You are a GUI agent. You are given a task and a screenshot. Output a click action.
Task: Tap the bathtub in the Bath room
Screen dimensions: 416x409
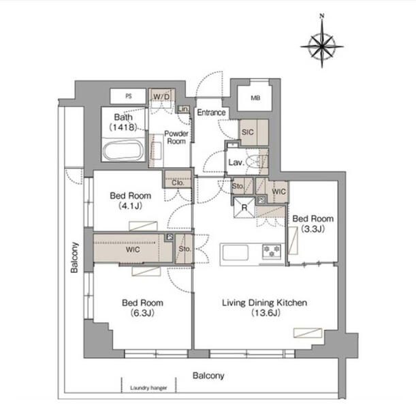click(x=123, y=151)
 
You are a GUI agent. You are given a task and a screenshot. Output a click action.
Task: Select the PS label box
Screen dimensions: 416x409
click(x=129, y=96)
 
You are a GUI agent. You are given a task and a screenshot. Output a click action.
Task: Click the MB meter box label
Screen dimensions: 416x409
click(x=255, y=98)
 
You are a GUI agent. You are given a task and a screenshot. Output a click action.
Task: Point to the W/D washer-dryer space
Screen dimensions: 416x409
click(x=161, y=97)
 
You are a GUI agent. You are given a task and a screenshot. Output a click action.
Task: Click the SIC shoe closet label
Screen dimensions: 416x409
click(x=247, y=132)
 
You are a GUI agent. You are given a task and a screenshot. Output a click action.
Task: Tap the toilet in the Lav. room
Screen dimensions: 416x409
click(x=256, y=162)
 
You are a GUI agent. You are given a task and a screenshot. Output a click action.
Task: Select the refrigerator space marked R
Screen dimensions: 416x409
click(x=244, y=207)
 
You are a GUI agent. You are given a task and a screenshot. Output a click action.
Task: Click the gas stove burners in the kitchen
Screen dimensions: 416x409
click(x=272, y=251)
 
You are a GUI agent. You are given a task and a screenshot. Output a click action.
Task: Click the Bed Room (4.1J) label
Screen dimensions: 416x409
click(x=131, y=200)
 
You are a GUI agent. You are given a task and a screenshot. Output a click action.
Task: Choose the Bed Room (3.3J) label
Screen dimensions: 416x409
click(x=313, y=224)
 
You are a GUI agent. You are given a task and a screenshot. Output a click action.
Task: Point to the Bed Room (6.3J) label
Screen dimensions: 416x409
click(x=142, y=307)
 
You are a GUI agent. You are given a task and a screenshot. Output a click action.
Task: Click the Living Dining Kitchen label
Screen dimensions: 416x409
click(x=264, y=303)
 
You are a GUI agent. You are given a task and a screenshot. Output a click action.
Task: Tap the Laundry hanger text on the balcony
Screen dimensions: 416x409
click(x=148, y=388)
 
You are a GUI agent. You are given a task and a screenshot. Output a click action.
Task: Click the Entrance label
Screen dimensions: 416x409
click(x=212, y=112)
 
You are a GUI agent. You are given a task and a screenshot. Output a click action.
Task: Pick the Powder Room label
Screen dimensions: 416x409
click(x=176, y=137)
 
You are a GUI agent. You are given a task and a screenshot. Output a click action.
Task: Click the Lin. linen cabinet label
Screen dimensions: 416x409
click(x=184, y=109)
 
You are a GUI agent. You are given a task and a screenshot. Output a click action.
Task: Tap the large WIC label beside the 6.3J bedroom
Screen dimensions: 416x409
click(x=133, y=249)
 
